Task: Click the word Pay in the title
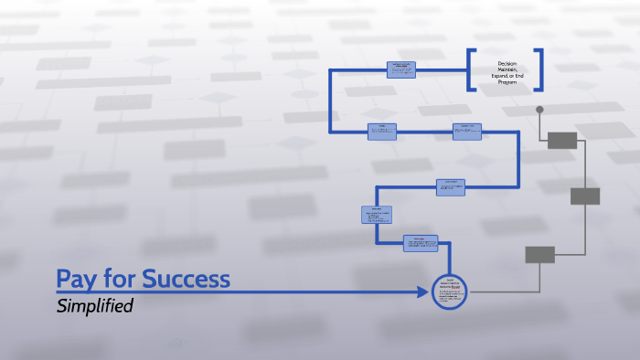coord(77,278)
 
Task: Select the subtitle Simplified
coord(95,306)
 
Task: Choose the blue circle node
coord(449,291)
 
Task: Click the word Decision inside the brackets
coord(507,63)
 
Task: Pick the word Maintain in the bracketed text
coord(507,69)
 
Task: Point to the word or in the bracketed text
coord(510,76)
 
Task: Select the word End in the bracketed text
coord(519,76)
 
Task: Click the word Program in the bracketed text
coord(507,82)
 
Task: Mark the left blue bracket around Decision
coord(472,69)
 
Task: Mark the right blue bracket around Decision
coord(541,69)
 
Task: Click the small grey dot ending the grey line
coord(539,110)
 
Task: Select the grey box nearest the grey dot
coord(561,140)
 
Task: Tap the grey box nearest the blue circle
coord(539,255)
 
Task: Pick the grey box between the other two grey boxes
coord(585,196)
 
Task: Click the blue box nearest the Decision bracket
coord(401,69)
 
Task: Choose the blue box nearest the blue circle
coord(421,242)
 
